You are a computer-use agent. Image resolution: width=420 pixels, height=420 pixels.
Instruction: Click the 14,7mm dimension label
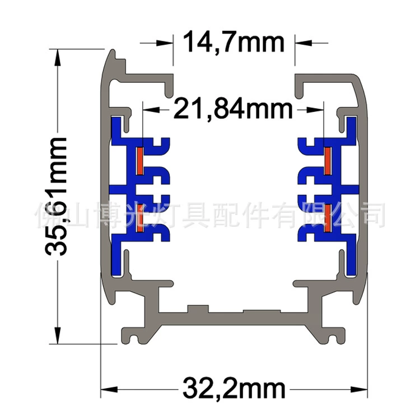point(234,42)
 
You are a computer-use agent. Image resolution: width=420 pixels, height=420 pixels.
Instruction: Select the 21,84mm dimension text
point(233,109)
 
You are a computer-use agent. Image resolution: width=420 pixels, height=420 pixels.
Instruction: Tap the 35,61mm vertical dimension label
point(56,197)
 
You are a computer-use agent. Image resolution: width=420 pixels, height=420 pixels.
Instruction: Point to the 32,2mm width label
point(234,389)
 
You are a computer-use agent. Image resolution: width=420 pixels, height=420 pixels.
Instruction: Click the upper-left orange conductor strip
point(140,161)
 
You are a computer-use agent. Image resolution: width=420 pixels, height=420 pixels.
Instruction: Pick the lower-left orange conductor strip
point(140,218)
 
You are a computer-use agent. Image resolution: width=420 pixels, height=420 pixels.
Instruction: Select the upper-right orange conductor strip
point(328,161)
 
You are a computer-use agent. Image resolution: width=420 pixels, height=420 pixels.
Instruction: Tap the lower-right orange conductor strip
point(328,218)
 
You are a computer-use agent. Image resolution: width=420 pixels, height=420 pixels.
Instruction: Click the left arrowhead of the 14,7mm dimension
point(165,43)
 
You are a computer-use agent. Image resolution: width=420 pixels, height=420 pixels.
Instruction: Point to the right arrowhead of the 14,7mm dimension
point(304,43)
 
